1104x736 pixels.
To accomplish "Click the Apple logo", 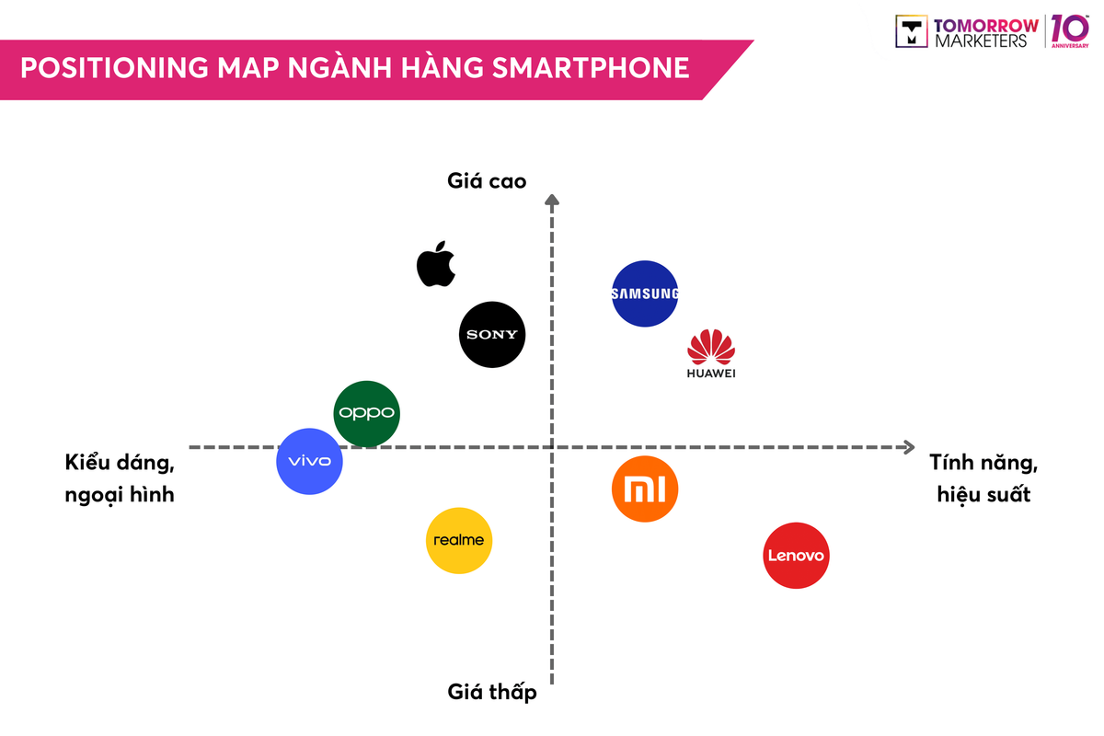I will pos(436,264).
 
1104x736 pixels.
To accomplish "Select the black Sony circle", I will pos(492,334).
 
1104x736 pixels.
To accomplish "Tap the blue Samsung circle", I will pos(645,293).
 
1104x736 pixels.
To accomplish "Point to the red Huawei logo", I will pos(711,354).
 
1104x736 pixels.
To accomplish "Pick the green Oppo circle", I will pos(366,413).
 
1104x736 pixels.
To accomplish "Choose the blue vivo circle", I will pos(310,461).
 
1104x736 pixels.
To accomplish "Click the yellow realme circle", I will pos(459,540).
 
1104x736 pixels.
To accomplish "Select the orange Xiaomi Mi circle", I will pos(645,489).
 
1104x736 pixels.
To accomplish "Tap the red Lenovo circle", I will pos(797,556).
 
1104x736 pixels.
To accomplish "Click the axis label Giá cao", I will pos(487,181).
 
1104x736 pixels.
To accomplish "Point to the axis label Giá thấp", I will pos(492,693).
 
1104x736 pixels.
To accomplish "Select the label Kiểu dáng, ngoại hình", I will pos(120,477).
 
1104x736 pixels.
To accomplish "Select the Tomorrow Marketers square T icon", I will pos(912,31).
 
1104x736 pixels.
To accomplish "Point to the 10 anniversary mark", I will pos(1070,30).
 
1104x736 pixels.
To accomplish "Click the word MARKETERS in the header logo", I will pos(981,40).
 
